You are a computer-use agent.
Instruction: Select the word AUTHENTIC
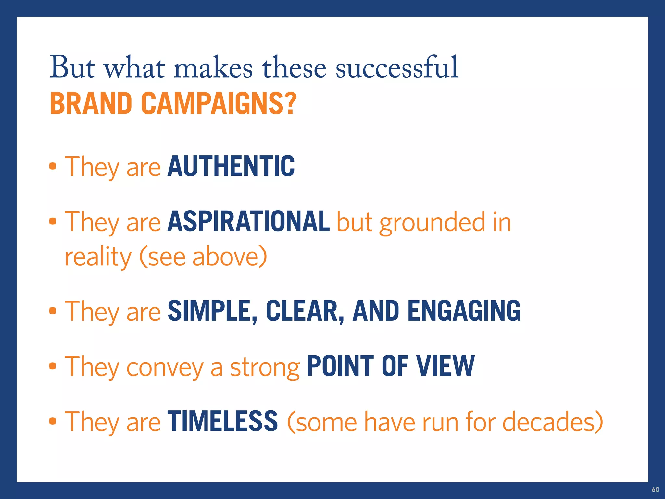click(231, 166)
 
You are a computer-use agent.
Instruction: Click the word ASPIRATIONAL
click(248, 222)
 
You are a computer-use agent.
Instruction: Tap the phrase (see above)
click(203, 257)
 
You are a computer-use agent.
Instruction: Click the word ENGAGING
click(464, 311)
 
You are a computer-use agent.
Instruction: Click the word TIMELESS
click(222, 421)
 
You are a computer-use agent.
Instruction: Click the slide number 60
click(655, 490)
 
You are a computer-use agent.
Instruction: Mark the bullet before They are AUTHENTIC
click(53, 166)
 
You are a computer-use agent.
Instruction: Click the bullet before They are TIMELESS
click(53, 421)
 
